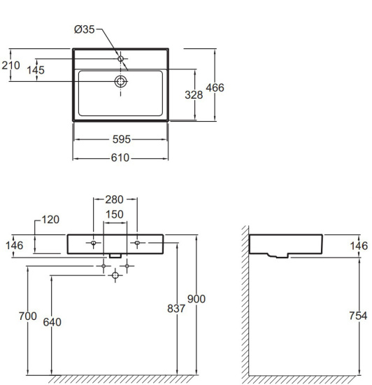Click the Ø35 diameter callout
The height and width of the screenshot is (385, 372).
coord(85,29)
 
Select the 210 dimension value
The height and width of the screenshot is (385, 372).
coord(10,65)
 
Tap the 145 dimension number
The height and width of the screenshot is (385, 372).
coord(36,70)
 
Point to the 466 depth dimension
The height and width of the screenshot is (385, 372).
coord(215,87)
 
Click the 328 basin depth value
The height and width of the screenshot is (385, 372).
coord(194,95)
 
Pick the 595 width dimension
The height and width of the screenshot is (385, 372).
coord(122,139)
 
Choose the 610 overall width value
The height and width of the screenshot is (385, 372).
coord(120,157)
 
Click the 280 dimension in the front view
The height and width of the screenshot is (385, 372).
coord(114,199)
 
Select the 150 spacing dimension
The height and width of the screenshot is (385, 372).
coord(114,214)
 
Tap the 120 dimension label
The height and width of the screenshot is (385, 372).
coord(50,220)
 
